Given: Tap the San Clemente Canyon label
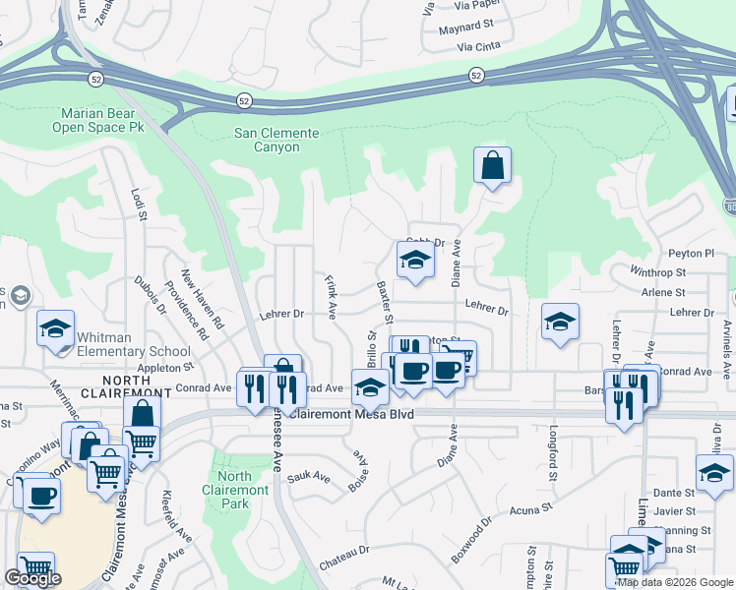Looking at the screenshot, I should click(x=276, y=140).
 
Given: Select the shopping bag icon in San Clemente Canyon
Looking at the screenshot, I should click(x=492, y=166).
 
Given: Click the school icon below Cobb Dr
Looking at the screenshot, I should click(x=415, y=261).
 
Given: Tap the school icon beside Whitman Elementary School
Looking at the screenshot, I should click(x=56, y=328).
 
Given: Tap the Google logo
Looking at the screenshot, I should click(x=32, y=578).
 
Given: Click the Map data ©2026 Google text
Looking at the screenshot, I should click(x=675, y=582).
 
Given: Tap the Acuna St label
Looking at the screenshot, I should click(x=531, y=509).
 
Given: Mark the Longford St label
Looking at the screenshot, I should click(x=553, y=447).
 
